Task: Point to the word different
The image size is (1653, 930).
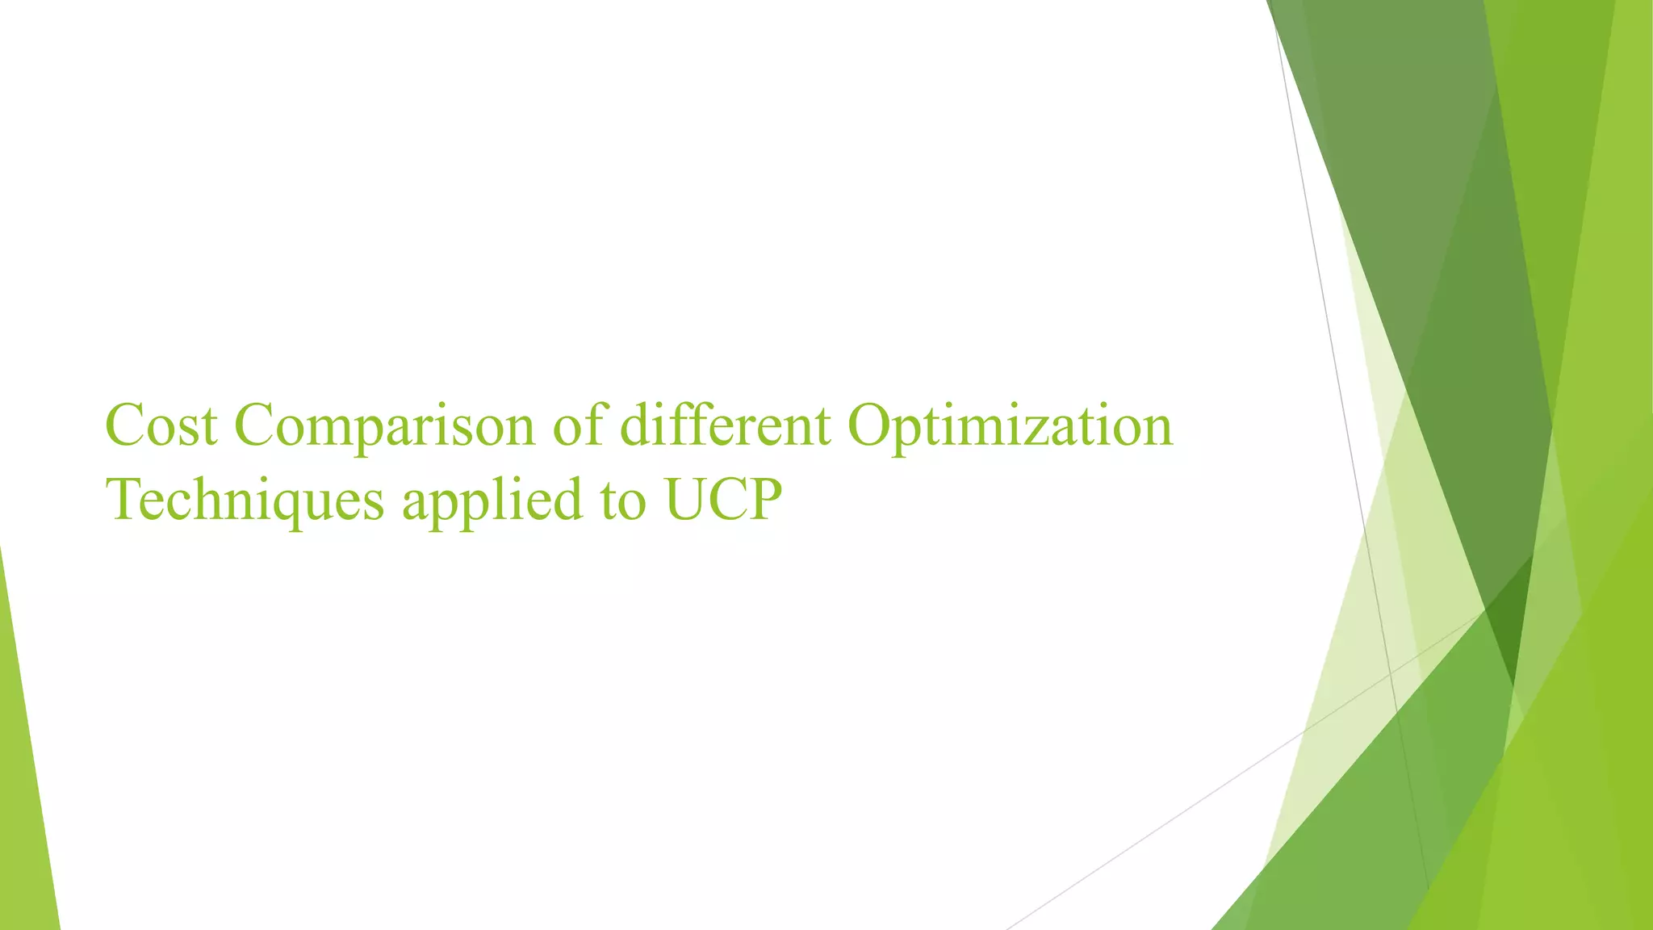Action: coord(725,425)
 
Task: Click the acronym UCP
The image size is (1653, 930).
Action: coord(723,499)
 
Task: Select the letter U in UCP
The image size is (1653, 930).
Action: coord(685,499)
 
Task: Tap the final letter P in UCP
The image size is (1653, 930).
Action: coord(765,499)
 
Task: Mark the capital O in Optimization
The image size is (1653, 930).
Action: coord(867,425)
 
